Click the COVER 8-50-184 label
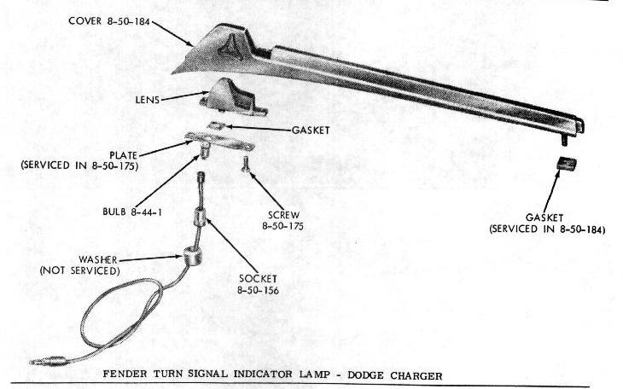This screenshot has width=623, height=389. click(x=109, y=21)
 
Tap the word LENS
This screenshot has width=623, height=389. click(x=148, y=100)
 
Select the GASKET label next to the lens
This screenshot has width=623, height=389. click(x=311, y=131)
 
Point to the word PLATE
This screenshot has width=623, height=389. click(x=124, y=155)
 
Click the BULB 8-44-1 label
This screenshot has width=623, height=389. click(x=132, y=212)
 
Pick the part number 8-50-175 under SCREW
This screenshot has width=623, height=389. click(x=282, y=226)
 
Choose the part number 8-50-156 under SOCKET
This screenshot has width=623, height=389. click(x=259, y=290)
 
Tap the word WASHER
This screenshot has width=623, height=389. click(x=98, y=260)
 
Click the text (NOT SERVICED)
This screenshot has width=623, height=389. click(x=80, y=271)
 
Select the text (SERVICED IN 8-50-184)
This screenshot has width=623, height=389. click(x=548, y=229)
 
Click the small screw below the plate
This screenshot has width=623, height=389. click(x=245, y=164)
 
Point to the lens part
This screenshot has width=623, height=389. click(x=233, y=97)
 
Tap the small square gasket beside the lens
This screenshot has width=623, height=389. click(x=217, y=125)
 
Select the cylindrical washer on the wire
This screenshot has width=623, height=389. click(x=192, y=257)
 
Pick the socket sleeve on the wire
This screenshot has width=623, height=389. click(x=200, y=217)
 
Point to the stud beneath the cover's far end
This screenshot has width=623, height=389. click(x=565, y=141)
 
